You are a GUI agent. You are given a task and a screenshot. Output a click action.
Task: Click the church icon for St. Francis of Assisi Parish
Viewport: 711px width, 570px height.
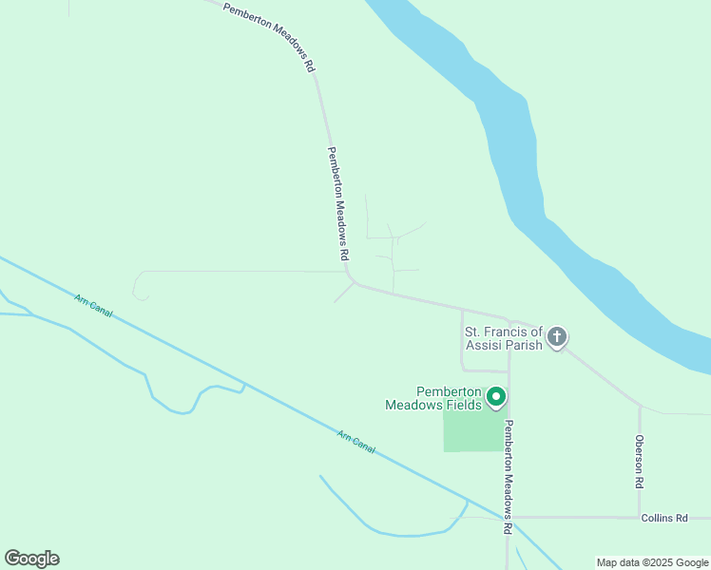(x=557, y=337)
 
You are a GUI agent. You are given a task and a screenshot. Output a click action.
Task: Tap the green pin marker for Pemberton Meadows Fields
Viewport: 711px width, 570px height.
(x=495, y=397)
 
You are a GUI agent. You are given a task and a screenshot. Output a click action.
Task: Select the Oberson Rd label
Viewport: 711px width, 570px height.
(x=640, y=462)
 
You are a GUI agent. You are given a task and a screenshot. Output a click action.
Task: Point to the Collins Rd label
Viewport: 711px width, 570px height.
(x=663, y=518)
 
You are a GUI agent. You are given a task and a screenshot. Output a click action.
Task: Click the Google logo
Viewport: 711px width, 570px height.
(x=31, y=559)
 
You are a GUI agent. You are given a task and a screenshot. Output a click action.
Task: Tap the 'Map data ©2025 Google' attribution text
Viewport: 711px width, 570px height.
(x=653, y=562)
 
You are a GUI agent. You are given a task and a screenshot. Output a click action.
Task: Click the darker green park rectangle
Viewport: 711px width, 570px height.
(x=471, y=432)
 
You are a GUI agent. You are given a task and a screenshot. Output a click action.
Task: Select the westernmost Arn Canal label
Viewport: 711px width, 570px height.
(x=93, y=305)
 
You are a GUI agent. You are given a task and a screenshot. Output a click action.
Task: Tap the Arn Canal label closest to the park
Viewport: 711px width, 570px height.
(x=356, y=442)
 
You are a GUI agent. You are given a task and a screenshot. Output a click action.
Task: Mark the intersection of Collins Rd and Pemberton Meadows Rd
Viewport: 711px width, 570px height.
(x=509, y=518)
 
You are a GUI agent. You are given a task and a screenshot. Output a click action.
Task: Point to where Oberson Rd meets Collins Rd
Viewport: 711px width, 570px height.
(x=640, y=518)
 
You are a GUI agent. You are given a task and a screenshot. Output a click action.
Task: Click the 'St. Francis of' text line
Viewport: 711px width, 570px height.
(x=502, y=332)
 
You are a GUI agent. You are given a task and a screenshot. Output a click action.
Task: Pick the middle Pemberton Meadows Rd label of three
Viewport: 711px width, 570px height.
(x=338, y=204)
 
